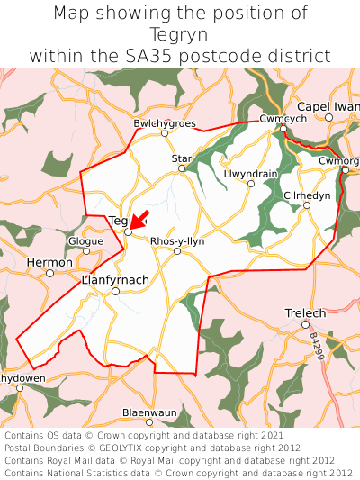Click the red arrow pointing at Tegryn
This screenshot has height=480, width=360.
pyautogui.click(x=138, y=220)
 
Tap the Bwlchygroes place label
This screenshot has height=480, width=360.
pyautogui.click(x=164, y=123)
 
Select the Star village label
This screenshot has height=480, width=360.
pyautogui.click(x=182, y=158)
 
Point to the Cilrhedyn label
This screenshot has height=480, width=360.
pyautogui.click(x=307, y=195)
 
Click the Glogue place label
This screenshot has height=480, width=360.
pyautogui.click(x=86, y=241)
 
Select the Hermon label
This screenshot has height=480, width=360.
pyautogui.click(x=49, y=262)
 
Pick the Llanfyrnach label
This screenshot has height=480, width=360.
pyautogui.click(x=115, y=280)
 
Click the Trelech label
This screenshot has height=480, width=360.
pyautogui.click(x=305, y=312)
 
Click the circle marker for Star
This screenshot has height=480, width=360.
pyautogui.click(x=182, y=168)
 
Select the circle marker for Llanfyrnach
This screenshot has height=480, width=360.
pyautogui.click(x=115, y=291)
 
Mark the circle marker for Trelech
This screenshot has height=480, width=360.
pyautogui.click(x=305, y=324)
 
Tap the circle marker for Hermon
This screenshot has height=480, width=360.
pyautogui.click(x=49, y=273)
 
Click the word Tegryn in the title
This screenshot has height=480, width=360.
pyautogui.click(x=179, y=34)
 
